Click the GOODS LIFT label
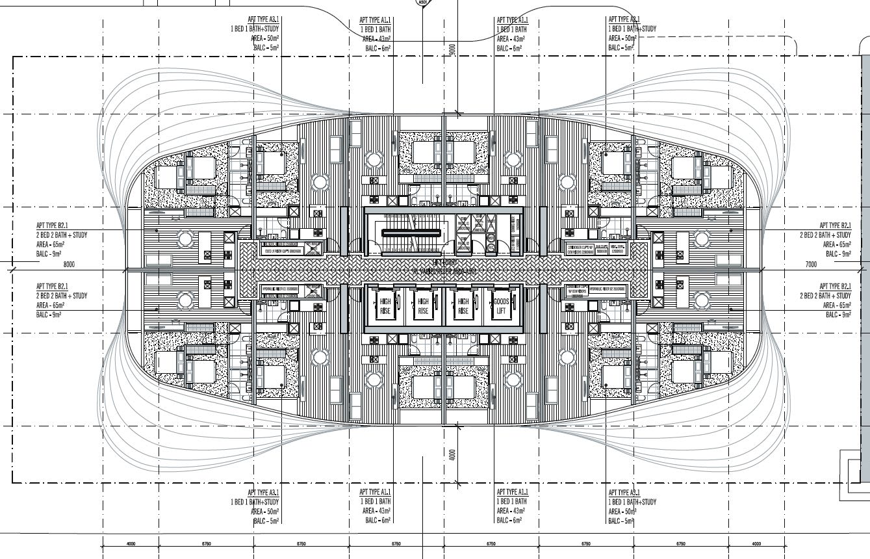tap(501, 306)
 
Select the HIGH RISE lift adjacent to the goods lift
tap(463, 306)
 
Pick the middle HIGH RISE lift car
tap(424, 306)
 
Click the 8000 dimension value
tap(70, 265)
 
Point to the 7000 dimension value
tap(810, 265)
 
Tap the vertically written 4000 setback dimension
tap(453, 454)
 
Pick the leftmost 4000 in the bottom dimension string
tap(131, 544)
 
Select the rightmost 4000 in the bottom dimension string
tap(756, 544)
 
